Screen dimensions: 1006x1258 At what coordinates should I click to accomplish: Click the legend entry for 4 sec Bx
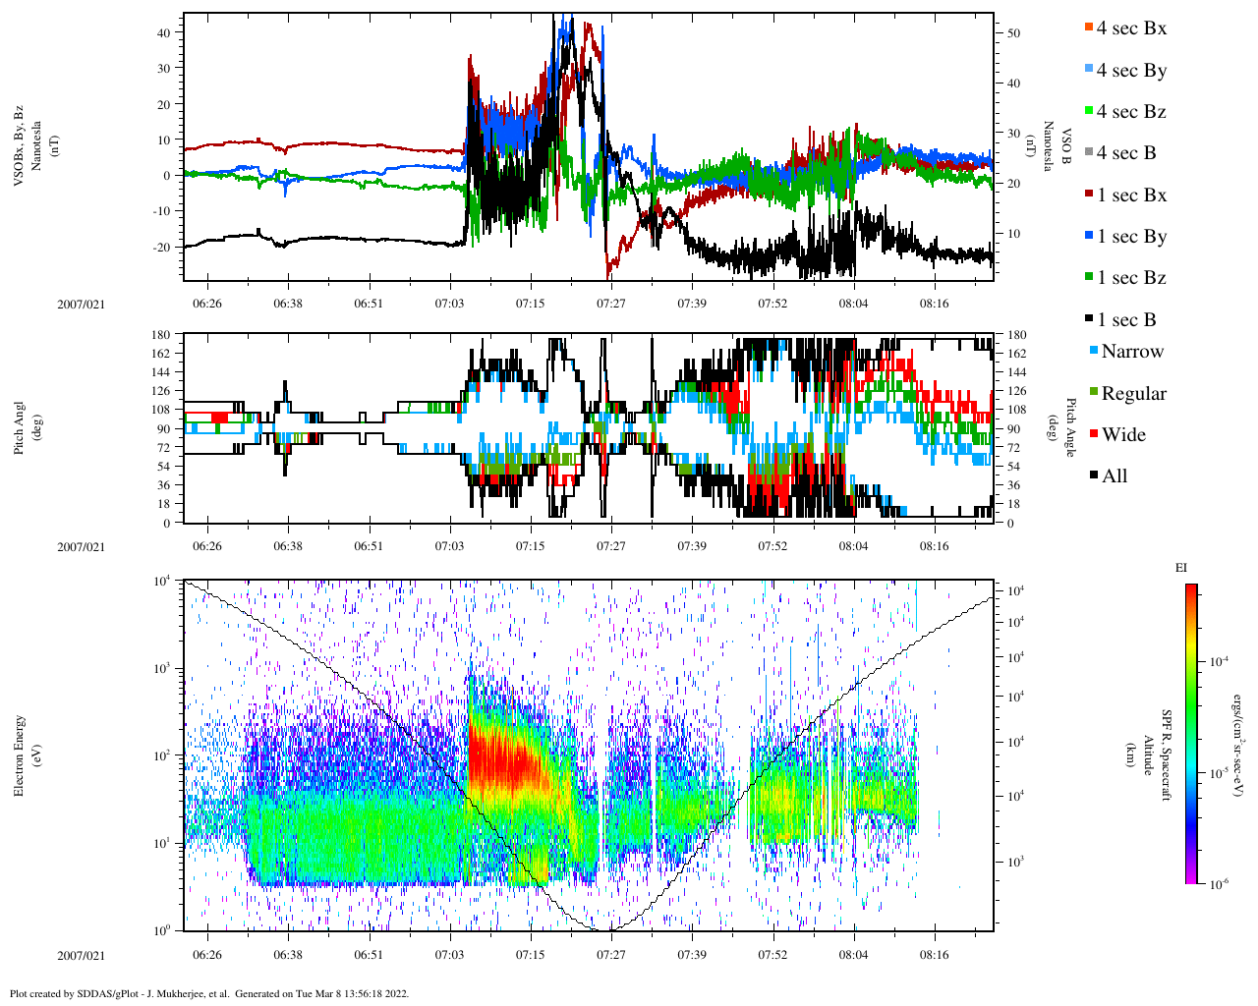(1130, 28)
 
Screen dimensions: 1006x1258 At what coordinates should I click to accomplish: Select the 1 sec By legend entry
(1130, 237)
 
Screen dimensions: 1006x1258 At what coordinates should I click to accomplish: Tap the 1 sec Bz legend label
(1130, 278)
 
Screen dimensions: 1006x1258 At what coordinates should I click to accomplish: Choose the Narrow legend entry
(1131, 352)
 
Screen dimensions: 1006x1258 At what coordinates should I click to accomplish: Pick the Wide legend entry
(1122, 435)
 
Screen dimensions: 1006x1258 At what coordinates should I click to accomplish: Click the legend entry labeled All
(1114, 476)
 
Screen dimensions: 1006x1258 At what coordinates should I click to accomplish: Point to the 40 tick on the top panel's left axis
(164, 32)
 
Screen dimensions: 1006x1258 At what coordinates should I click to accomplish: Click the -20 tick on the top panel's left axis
(161, 247)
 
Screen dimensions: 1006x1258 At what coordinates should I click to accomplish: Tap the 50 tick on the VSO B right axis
(1013, 33)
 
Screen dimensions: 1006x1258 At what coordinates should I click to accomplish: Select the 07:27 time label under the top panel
(610, 304)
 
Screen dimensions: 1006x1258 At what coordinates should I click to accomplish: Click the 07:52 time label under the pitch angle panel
(772, 546)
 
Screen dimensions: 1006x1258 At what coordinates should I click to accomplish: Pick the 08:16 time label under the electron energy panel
(934, 955)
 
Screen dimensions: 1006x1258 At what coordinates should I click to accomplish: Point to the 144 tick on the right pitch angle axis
(1016, 372)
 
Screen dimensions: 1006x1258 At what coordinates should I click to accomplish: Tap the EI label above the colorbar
(1180, 568)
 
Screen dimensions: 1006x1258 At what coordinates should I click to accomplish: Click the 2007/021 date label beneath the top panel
(81, 304)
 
